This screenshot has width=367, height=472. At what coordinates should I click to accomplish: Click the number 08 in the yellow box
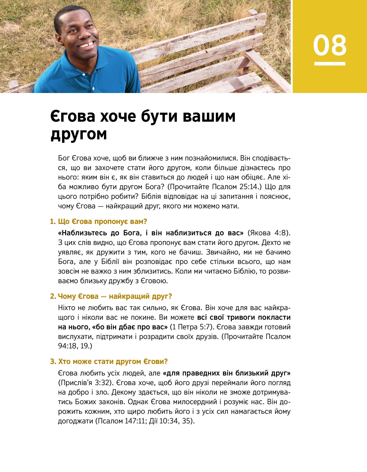tap(329, 45)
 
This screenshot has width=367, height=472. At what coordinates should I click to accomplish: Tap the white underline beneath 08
tap(329, 64)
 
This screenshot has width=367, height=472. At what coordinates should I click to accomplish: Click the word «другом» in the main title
tap(79, 134)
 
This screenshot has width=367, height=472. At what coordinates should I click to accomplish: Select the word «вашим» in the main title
tap(209, 116)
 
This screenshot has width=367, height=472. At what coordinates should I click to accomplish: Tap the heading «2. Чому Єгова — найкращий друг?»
tap(111, 296)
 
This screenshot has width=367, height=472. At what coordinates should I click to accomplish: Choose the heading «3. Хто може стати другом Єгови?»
tap(109, 361)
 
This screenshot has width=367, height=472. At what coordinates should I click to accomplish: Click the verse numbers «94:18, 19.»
tap(75, 346)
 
